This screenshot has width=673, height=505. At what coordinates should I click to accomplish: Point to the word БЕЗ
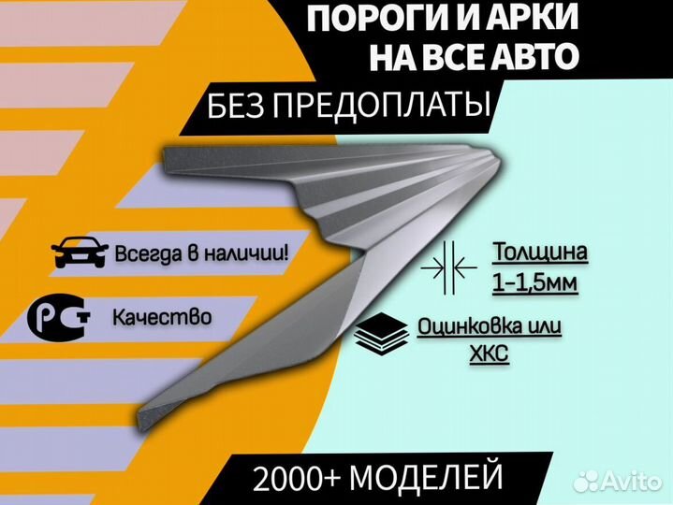[236, 105]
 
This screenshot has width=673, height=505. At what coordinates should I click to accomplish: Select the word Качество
[162, 317]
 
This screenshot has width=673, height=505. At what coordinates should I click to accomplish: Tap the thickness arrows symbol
[449, 267]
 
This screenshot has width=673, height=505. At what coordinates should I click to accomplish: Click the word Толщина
[539, 252]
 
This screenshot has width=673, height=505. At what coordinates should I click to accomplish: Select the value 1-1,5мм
[534, 283]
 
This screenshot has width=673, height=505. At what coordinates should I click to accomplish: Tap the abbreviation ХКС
[490, 354]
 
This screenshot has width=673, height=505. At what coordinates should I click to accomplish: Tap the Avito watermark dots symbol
[587, 482]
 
